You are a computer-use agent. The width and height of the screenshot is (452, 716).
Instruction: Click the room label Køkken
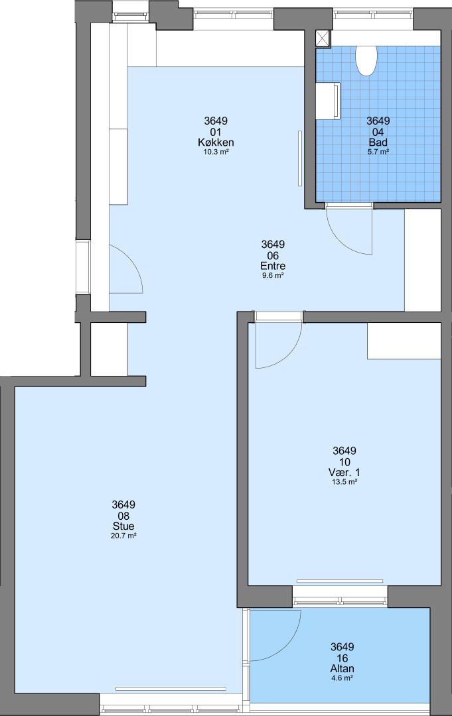pyautogui.click(x=216, y=142)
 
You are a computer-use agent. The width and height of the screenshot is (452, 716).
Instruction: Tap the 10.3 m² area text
pyautogui.click(x=216, y=152)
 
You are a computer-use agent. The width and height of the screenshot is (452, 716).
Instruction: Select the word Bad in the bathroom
pyautogui.click(x=378, y=142)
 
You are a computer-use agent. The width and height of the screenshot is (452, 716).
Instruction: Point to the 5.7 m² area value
pyautogui.click(x=378, y=152)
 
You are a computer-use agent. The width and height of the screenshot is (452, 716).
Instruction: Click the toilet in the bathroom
pyautogui.click(x=366, y=60)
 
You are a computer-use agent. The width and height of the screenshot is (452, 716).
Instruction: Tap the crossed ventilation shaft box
pyautogui.click(x=323, y=38)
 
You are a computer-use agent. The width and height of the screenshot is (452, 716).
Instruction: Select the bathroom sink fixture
pyautogui.click(x=328, y=101)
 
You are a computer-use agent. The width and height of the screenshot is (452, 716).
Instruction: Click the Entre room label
pyautogui.click(x=273, y=266)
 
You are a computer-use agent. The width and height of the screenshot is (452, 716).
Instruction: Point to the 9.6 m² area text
pyautogui.click(x=273, y=275)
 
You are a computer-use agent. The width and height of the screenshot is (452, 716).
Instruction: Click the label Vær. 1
pyautogui.click(x=344, y=472)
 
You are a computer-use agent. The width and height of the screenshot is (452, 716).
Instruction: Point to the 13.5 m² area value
pyautogui.click(x=344, y=482)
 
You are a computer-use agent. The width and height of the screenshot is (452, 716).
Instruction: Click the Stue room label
pyautogui.click(x=123, y=526)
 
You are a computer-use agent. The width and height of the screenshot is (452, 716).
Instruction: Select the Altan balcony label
pyautogui.click(x=342, y=668)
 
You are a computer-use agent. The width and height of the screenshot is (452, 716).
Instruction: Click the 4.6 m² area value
pyautogui.click(x=342, y=678)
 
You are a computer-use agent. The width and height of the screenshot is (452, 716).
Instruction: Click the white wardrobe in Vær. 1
pyautogui.click(x=404, y=341)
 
